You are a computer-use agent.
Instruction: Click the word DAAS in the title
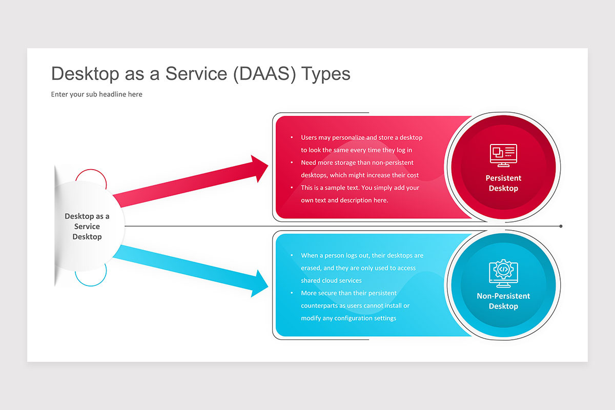pyautogui.click(x=264, y=74)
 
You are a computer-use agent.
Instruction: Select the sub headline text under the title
pyautogui.click(x=97, y=94)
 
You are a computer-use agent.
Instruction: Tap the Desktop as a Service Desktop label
pyautogui.click(x=87, y=227)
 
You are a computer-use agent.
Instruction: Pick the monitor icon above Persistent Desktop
pyautogui.click(x=503, y=155)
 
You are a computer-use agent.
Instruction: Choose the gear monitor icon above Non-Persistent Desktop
pyautogui.click(x=503, y=273)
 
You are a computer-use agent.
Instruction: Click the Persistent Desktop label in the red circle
pyautogui.click(x=503, y=183)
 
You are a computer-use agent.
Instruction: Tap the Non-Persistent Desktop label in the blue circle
pyautogui.click(x=503, y=301)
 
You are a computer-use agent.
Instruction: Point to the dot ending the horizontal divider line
pyautogui.click(x=561, y=227)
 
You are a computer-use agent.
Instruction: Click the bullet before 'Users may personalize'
pyautogui.click(x=292, y=137)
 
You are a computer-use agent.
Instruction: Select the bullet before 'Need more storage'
pyautogui.click(x=292, y=162)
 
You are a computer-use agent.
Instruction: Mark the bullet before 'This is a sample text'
pyautogui.click(x=292, y=188)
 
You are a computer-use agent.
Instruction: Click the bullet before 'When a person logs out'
pyautogui.click(x=292, y=255)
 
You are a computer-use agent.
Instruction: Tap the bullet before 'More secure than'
pyautogui.click(x=292, y=293)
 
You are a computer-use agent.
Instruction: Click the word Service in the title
pyautogui.click(x=196, y=74)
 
